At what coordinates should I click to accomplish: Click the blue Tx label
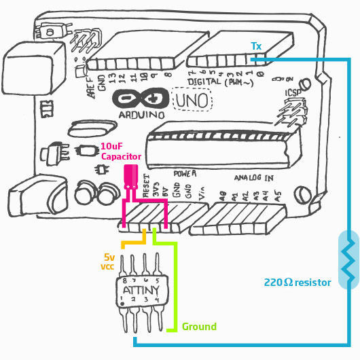click(256, 46)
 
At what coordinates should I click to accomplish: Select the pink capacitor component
click(132, 174)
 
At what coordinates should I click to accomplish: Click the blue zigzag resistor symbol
click(347, 261)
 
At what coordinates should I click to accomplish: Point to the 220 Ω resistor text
click(297, 282)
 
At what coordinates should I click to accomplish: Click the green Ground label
click(199, 327)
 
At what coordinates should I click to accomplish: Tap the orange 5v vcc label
click(109, 262)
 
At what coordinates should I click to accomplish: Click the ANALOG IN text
click(254, 179)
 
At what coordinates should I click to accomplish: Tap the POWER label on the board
click(185, 173)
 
